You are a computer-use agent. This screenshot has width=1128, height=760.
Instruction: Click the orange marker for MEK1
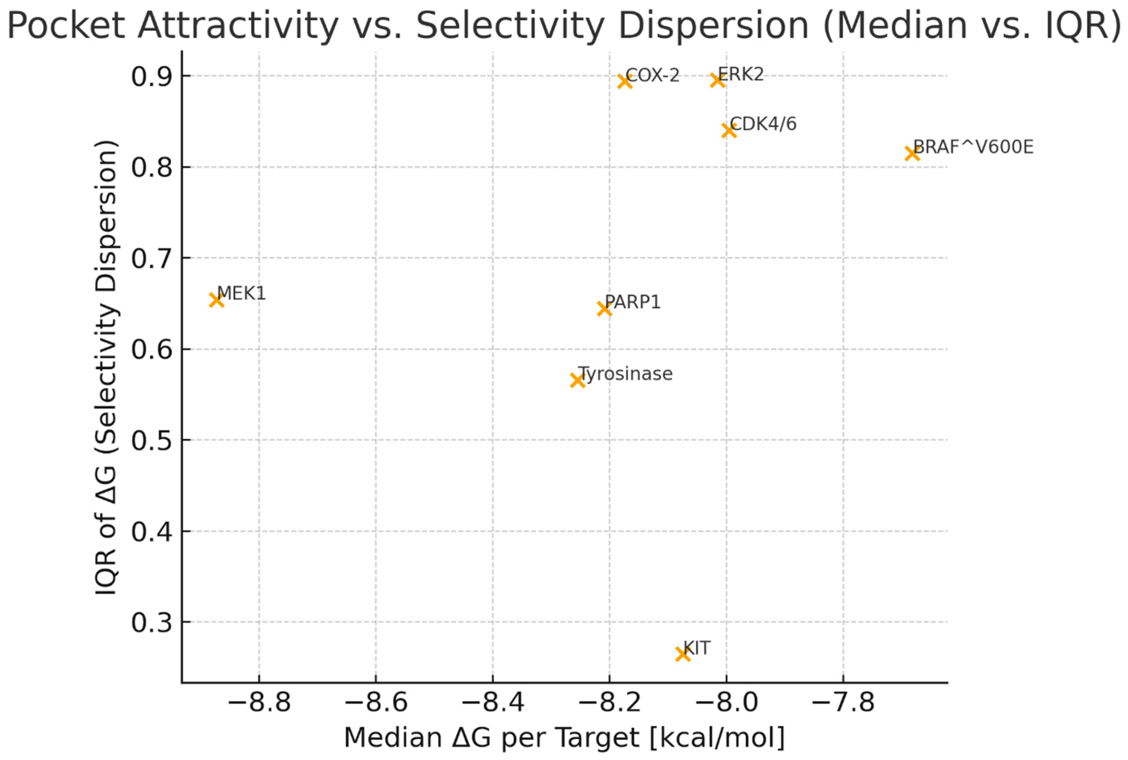click(x=216, y=300)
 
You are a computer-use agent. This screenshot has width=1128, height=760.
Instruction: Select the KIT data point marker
click(x=683, y=654)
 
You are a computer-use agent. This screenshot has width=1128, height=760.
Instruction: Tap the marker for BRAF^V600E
click(x=912, y=154)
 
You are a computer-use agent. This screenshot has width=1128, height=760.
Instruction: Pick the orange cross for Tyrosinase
click(x=577, y=380)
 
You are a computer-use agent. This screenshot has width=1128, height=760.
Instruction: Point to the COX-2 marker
click(x=625, y=81)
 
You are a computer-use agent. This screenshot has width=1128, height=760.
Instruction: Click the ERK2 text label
click(x=741, y=74)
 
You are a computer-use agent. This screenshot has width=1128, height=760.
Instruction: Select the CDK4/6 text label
click(x=763, y=124)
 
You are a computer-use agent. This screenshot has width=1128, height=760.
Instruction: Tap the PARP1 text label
click(x=633, y=302)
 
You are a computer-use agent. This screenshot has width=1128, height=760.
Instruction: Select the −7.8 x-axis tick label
click(x=843, y=702)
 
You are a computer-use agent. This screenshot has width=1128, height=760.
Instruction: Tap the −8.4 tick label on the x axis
click(x=493, y=702)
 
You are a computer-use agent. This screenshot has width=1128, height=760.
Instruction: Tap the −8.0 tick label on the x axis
click(x=726, y=702)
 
